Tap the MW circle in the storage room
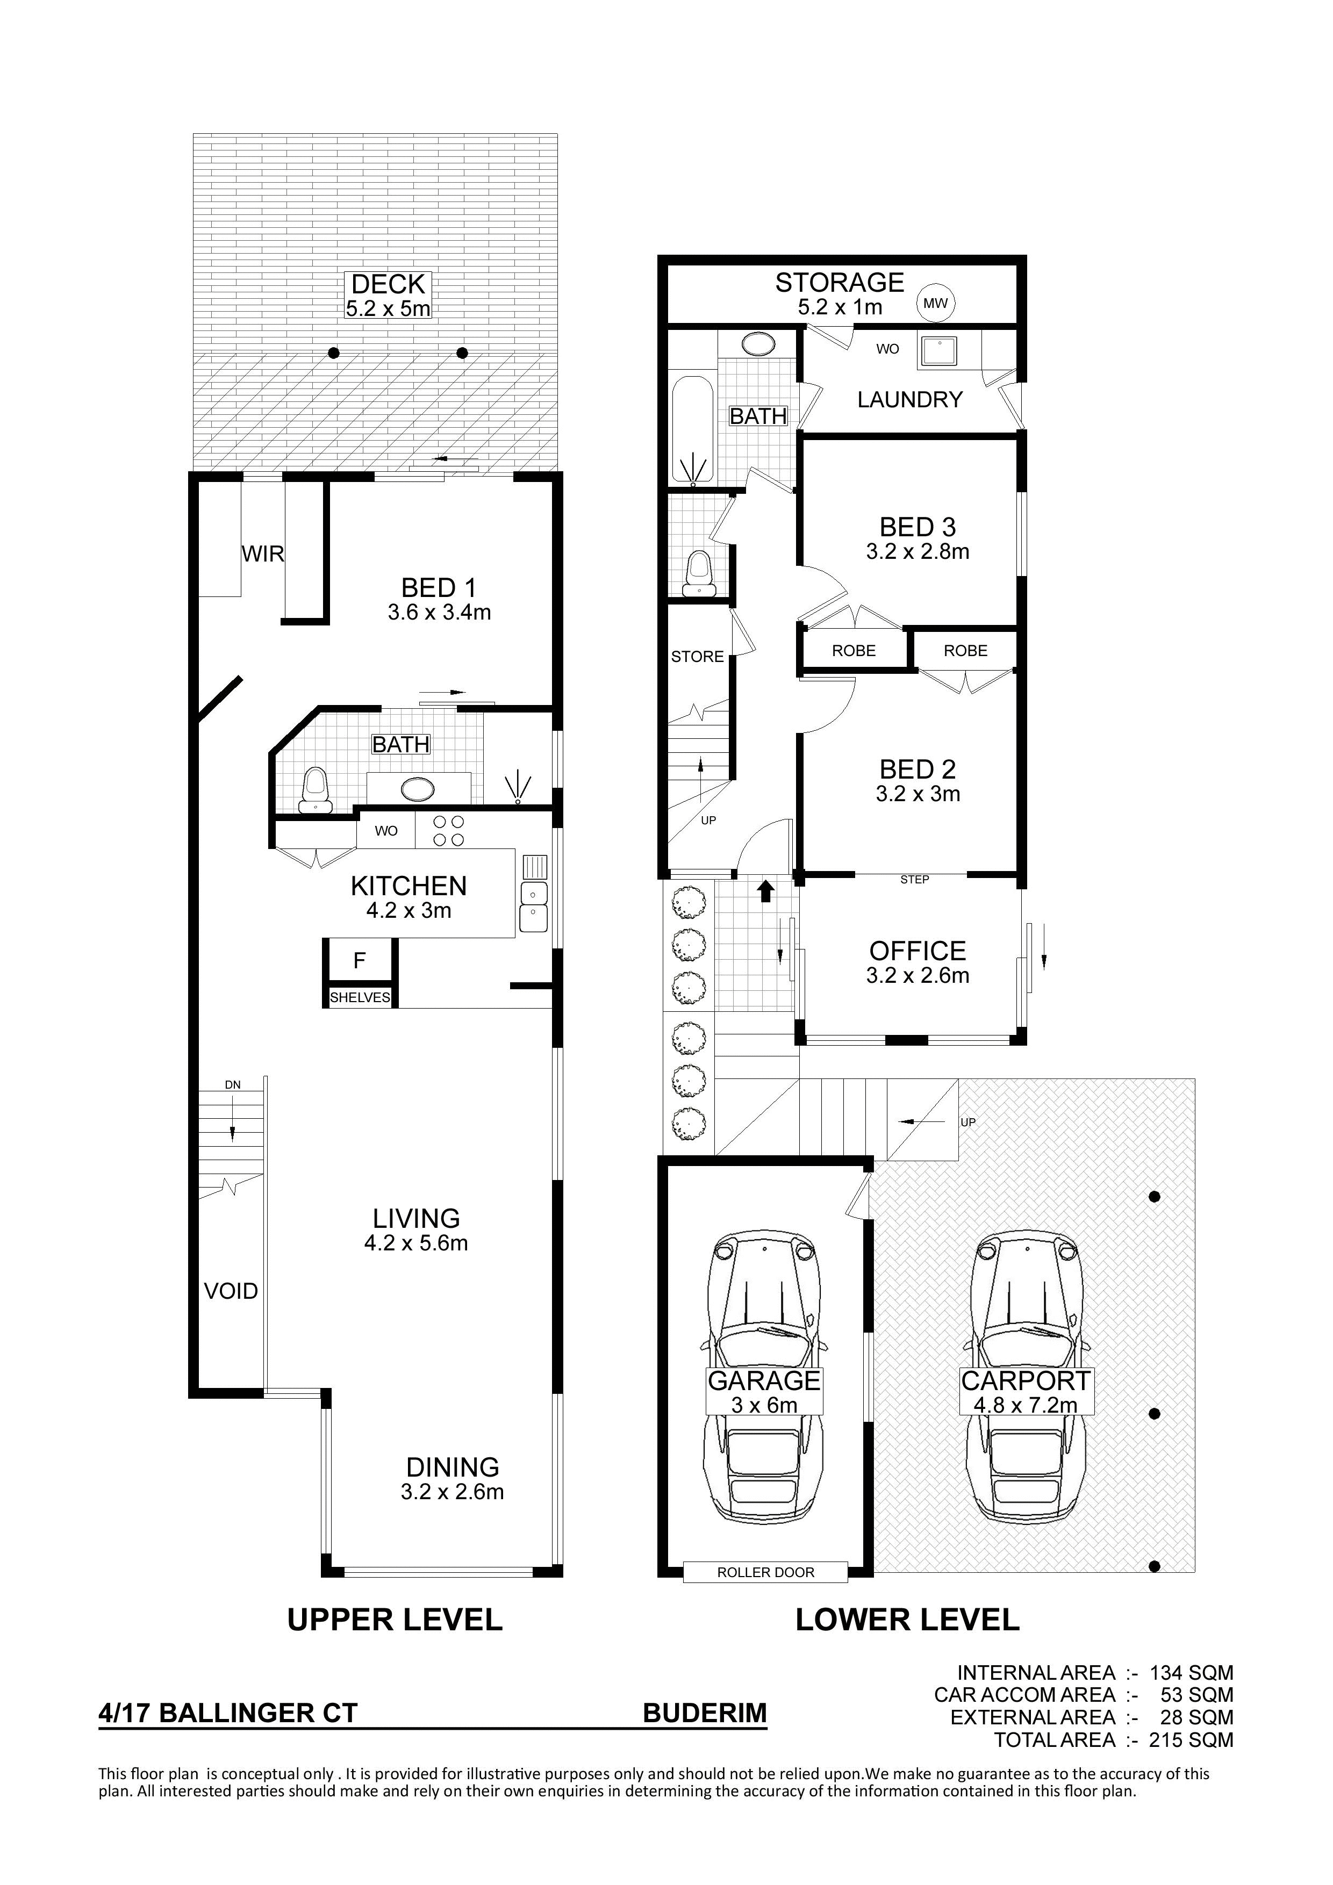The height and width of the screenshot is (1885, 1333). pos(935,303)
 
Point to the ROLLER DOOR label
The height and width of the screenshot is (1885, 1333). pos(765,1572)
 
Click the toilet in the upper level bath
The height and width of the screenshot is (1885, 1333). pos(314,789)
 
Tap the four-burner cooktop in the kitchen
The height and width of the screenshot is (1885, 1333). pos(448,830)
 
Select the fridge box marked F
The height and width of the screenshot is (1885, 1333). pos(360,961)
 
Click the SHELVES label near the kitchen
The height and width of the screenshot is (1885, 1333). pos(360,997)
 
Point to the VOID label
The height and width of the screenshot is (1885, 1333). pos(231,1291)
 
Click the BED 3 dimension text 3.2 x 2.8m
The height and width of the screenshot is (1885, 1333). pos(918,552)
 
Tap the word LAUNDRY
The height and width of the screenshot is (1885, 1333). pos(909,400)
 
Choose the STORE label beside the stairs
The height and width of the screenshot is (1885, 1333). pos(697,657)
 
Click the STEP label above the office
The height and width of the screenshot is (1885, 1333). pos(914,879)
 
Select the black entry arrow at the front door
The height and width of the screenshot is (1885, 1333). pos(765,891)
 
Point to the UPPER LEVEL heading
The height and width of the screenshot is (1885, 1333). pos(395,1620)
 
